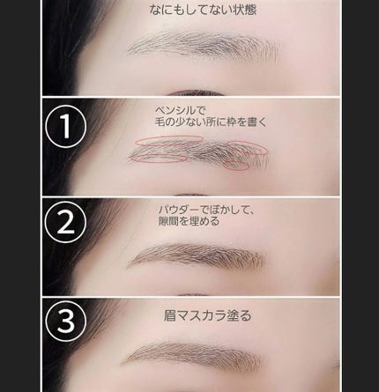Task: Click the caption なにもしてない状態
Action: pos(203,10)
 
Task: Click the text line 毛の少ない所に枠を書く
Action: pos(211,122)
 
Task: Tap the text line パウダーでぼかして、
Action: pos(205,210)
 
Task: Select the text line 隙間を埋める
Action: pos(189,221)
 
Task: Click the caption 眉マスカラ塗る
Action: pos(208,316)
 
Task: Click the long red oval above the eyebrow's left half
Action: pos(169,137)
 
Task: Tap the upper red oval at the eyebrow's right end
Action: pos(248,142)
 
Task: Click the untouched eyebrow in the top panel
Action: pos(203,46)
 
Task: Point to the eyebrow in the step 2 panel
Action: pos(197,256)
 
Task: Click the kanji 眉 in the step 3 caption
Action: pos(169,316)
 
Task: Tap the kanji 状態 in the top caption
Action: pos(244,10)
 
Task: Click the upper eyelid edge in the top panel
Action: pos(196,92)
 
